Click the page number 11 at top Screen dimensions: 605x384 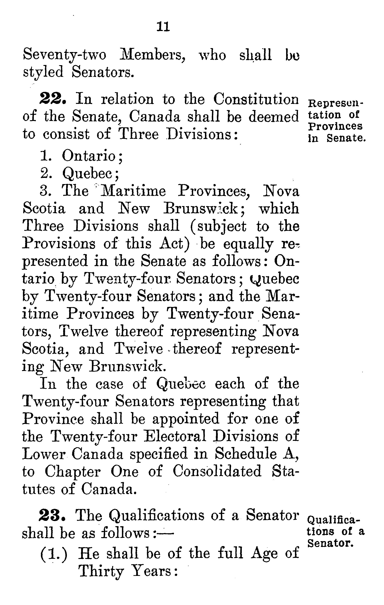[163, 27]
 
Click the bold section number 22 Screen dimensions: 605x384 [53, 99]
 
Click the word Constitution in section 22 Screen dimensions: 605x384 [256, 99]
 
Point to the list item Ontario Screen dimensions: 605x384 [89, 156]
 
